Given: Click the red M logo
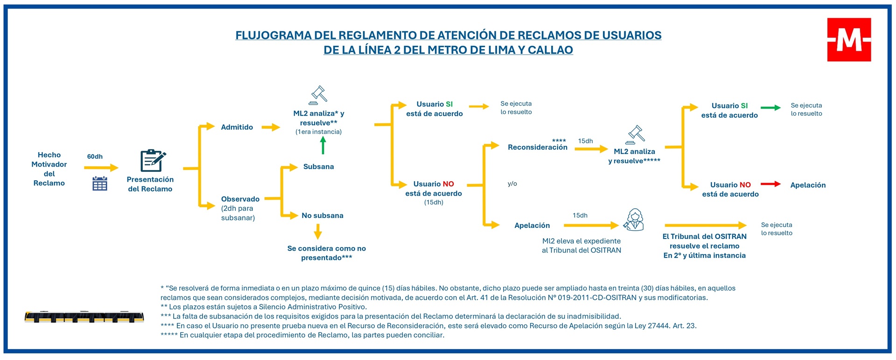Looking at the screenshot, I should click(849, 40).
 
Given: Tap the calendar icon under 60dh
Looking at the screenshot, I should click(100, 184).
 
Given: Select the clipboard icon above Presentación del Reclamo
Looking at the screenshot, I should click(153, 161).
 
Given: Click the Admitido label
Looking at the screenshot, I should click(237, 127).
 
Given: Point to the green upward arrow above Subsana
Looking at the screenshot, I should click(323, 145).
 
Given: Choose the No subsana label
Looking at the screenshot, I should click(322, 215).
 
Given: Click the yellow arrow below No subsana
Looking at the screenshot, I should click(318, 232).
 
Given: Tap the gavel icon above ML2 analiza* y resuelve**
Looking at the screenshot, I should click(319, 95).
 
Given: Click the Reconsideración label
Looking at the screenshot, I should click(538, 147).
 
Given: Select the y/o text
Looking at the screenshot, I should click(512, 184).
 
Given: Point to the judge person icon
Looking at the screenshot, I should click(634, 220).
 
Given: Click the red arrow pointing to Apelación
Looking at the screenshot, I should click(770, 184).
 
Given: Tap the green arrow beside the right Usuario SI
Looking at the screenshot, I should click(770, 107).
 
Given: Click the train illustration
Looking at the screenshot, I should click(84, 317).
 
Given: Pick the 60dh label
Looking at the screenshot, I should click(95, 156).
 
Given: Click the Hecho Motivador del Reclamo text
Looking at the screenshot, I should click(49, 169).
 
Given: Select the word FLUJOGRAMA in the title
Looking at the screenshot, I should click(273, 35).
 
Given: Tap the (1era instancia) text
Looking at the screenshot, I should click(318, 132).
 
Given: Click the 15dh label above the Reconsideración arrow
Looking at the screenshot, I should click(585, 141).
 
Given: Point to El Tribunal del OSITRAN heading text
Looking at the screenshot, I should click(704, 236).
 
